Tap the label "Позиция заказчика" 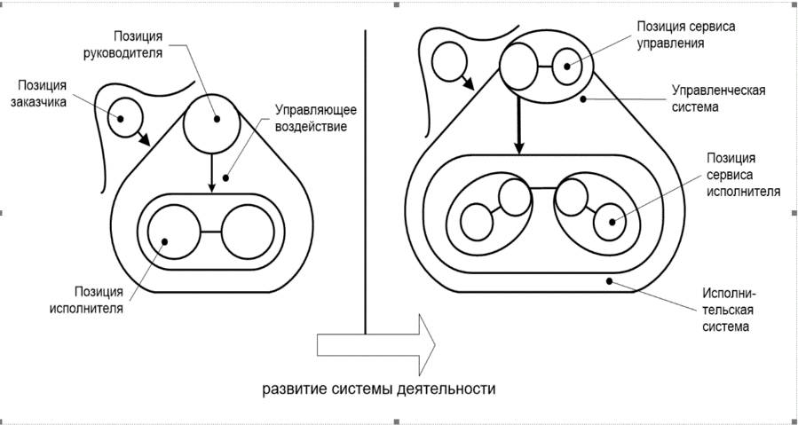pyautogui.click(x=42, y=92)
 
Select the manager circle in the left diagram pyautogui.click(x=212, y=125)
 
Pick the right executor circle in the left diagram pyautogui.click(x=248, y=232)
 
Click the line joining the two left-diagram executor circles pyautogui.click(x=210, y=232)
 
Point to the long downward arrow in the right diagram pyautogui.click(x=518, y=126)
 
